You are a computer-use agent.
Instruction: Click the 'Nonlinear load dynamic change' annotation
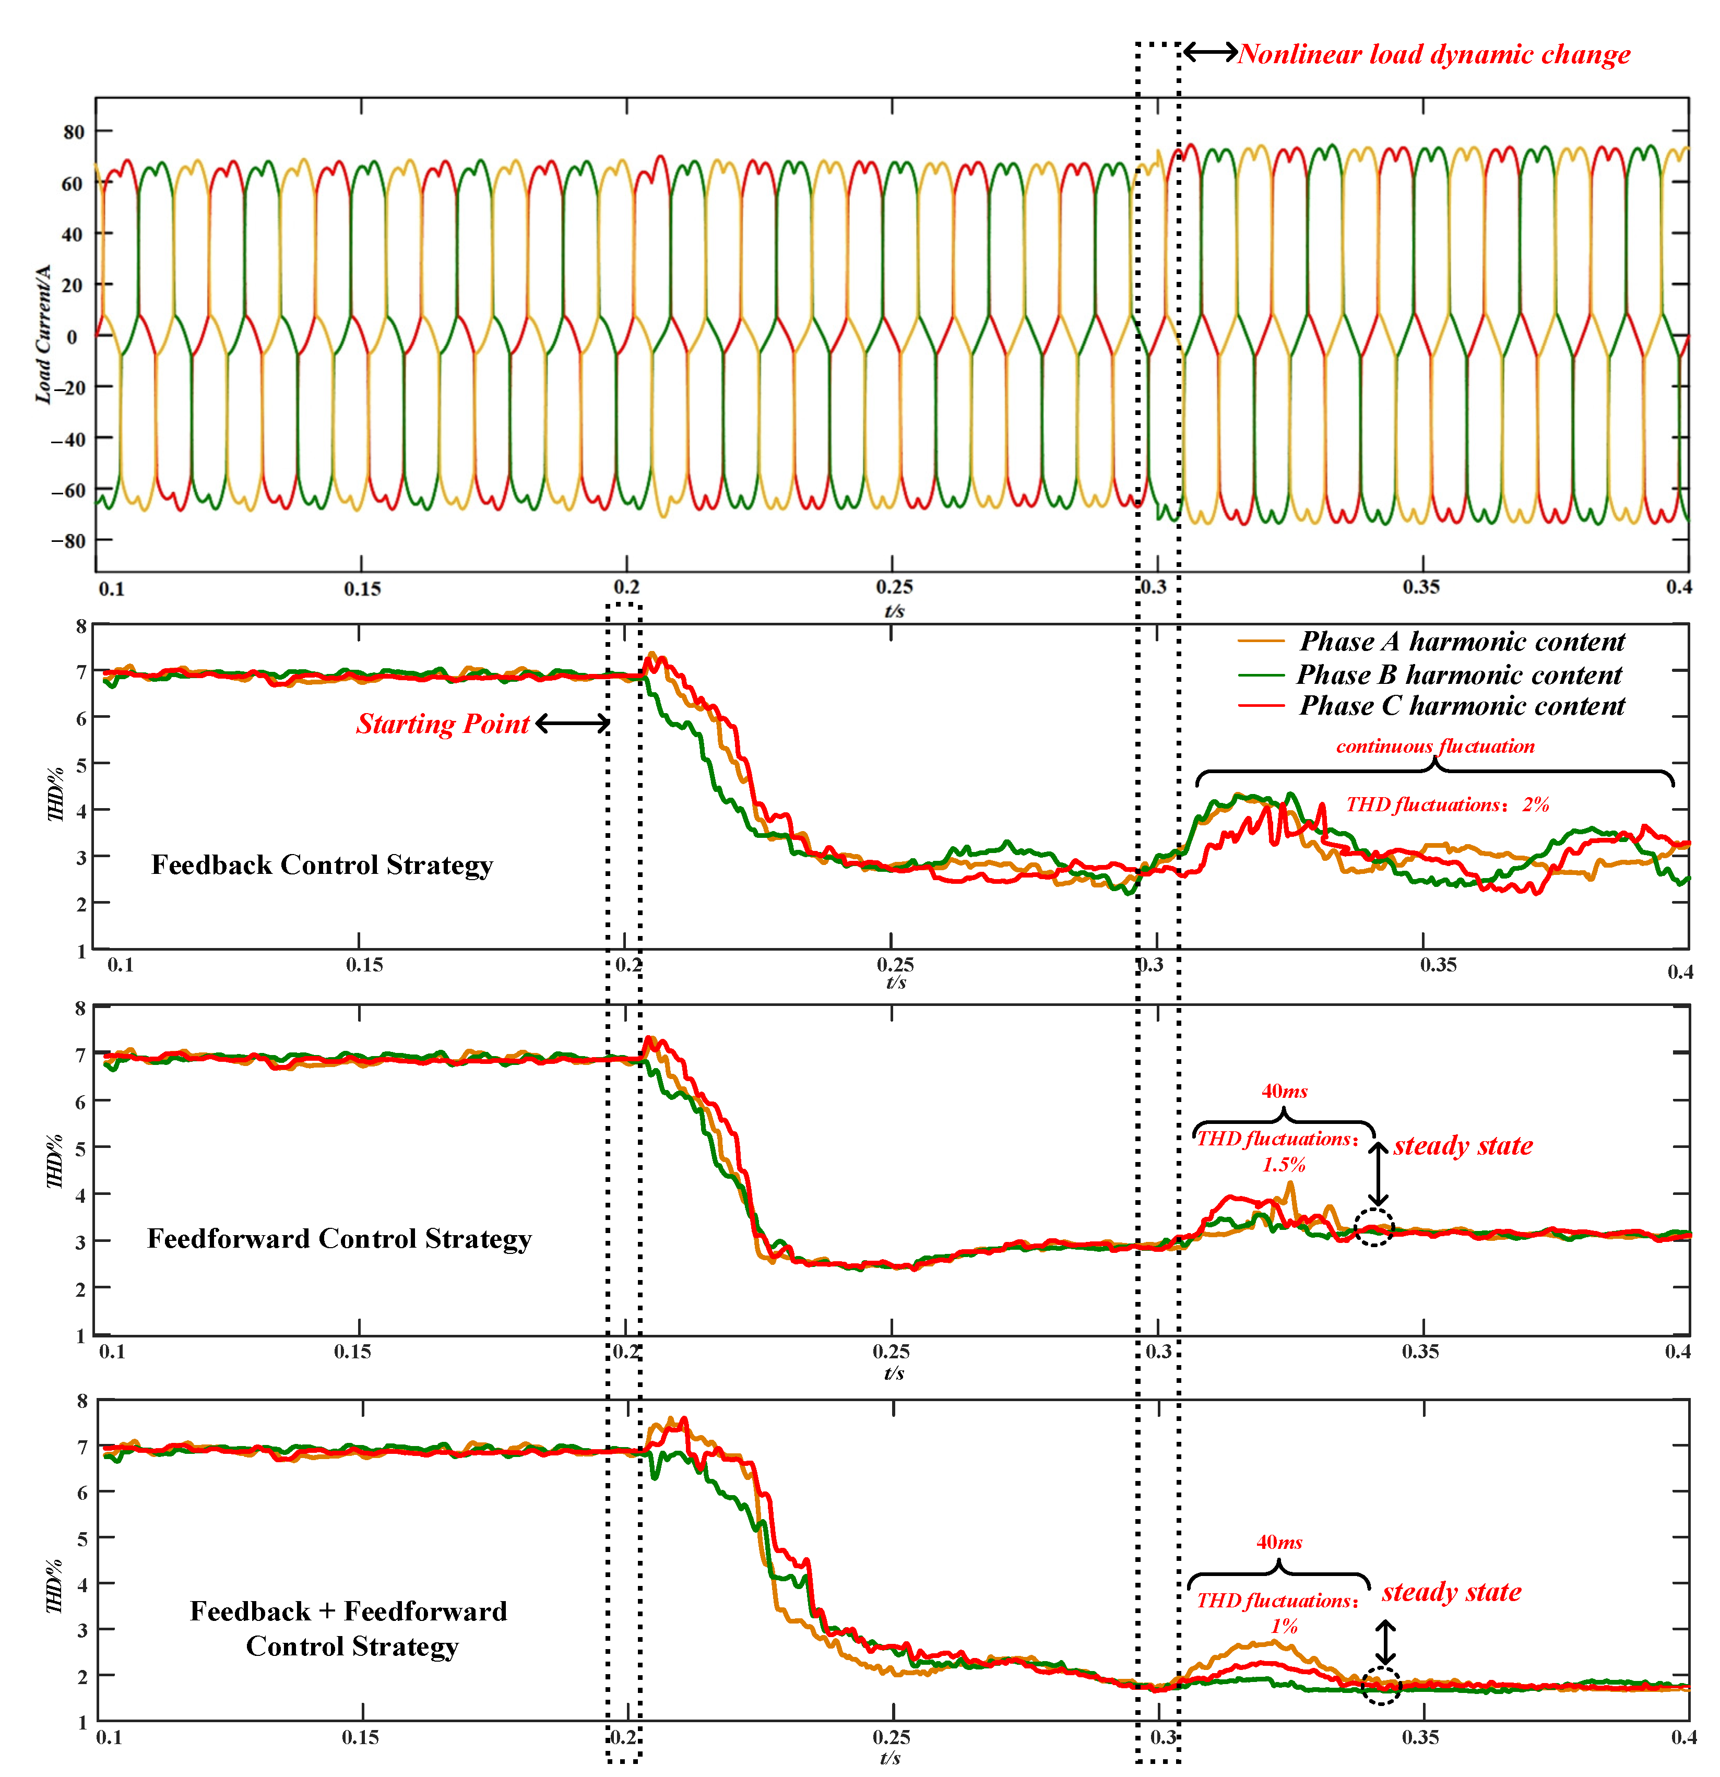click(1433, 54)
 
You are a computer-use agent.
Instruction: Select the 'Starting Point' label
click(443, 724)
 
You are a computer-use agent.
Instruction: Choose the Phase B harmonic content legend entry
click(1458, 674)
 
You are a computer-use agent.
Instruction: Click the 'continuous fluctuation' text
click(1434, 746)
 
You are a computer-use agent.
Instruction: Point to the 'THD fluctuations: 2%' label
click(1447, 804)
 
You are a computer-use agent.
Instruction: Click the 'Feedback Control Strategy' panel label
click(322, 865)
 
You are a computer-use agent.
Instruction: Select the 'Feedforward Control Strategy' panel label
click(339, 1238)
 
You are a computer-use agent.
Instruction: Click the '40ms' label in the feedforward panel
click(1284, 1092)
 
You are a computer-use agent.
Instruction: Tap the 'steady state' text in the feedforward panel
click(1463, 1146)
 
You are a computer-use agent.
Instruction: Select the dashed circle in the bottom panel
click(1381, 1686)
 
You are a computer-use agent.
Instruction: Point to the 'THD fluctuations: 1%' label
click(1277, 1613)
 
